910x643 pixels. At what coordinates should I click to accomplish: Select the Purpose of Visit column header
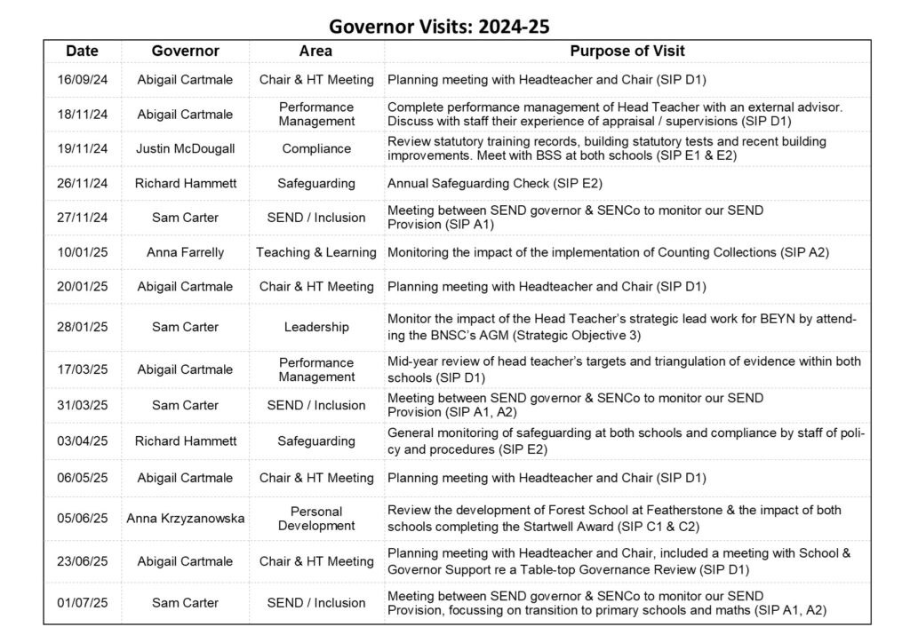(x=627, y=52)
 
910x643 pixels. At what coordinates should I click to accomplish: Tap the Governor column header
(x=185, y=52)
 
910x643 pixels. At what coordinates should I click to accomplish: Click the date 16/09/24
(x=83, y=80)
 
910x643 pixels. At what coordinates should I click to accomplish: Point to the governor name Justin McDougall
(x=185, y=149)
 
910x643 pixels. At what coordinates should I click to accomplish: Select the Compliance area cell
(x=316, y=149)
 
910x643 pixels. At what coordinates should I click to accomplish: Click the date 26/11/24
(x=83, y=184)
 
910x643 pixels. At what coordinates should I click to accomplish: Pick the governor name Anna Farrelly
(x=185, y=252)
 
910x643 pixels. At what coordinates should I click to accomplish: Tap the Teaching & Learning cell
(x=316, y=252)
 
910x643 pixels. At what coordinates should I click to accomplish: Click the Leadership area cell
(x=316, y=327)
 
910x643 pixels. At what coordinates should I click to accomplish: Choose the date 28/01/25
(x=83, y=327)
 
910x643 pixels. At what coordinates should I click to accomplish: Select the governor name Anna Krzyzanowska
(x=185, y=519)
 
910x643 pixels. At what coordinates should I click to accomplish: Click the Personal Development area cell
(x=316, y=519)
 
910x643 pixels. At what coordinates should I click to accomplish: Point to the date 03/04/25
(x=83, y=441)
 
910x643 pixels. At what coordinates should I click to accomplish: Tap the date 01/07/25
(x=83, y=603)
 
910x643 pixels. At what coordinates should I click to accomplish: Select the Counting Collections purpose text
(x=608, y=252)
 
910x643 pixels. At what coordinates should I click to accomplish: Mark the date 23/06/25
(x=83, y=561)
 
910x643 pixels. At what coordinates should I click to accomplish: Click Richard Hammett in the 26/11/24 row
(x=185, y=184)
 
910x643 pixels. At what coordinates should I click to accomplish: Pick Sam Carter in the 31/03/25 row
(x=185, y=405)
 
